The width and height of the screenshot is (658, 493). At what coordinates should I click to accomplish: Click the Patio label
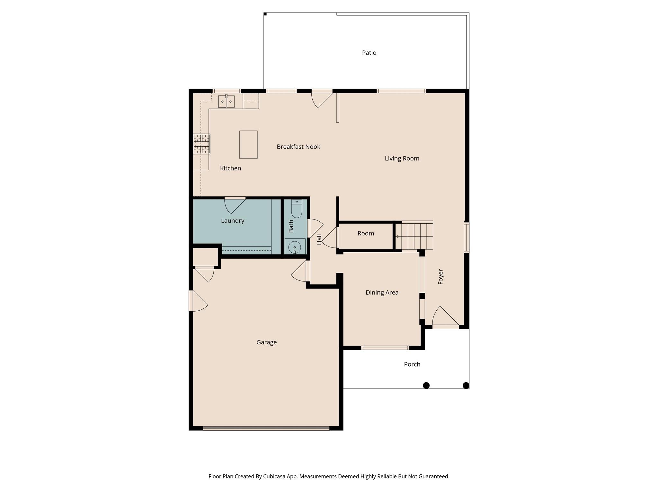[369, 53]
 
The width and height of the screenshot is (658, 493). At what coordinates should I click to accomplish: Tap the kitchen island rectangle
[248, 144]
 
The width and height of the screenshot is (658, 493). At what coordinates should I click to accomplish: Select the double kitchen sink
[226, 101]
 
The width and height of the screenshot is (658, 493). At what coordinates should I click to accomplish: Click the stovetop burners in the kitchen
[201, 144]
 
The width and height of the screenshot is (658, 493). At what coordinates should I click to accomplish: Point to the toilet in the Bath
[296, 209]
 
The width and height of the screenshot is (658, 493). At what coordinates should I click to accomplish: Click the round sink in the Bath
[294, 247]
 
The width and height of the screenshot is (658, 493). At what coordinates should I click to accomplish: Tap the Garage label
[266, 342]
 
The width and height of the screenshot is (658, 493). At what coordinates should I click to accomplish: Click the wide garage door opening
[266, 428]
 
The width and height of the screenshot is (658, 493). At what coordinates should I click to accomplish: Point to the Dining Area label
[382, 292]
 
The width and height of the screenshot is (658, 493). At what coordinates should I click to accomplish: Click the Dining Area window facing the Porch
[385, 348]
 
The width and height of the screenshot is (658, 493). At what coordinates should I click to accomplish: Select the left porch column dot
[426, 385]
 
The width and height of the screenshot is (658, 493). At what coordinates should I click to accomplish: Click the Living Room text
[402, 158]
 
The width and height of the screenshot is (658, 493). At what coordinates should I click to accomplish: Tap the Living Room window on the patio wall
[401, 91]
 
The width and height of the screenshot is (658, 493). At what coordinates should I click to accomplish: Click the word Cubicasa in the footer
[275, 476]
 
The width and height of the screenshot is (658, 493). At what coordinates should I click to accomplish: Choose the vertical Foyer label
[440, 277]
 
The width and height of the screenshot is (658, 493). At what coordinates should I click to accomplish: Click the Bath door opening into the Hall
[314, 228]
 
